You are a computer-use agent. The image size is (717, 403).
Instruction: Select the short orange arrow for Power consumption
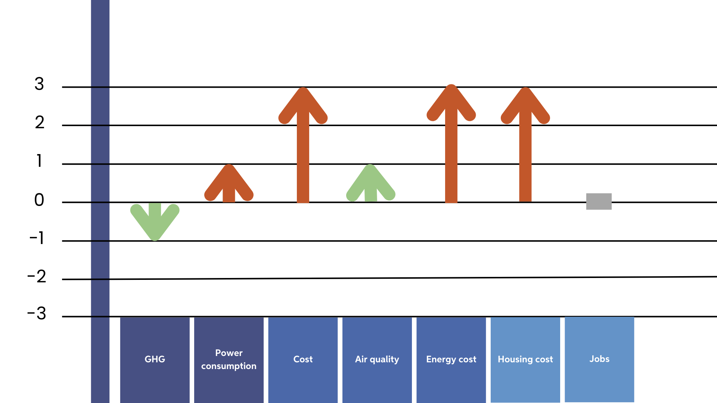229,185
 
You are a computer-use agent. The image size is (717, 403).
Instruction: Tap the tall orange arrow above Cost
303,149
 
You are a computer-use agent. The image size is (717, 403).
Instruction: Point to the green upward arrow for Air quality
370,185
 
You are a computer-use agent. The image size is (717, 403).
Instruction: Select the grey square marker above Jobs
599,201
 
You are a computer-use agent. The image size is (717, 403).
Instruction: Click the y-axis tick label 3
39,84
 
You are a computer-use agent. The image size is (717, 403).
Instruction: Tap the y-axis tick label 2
40,122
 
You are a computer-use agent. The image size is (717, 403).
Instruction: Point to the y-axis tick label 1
39,161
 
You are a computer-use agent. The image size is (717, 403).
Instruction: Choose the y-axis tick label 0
39,200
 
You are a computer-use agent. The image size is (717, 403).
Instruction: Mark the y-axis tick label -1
37,238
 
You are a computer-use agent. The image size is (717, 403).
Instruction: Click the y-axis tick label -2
37,277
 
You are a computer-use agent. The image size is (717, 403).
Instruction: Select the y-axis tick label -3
37,313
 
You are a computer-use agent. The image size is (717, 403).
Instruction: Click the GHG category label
155,359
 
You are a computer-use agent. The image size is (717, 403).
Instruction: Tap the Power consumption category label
229,359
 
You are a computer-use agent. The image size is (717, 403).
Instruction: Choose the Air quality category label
377,359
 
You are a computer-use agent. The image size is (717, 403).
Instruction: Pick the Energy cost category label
451,359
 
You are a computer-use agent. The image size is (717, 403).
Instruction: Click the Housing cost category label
525,359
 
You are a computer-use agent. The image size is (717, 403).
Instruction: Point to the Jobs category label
599,359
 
